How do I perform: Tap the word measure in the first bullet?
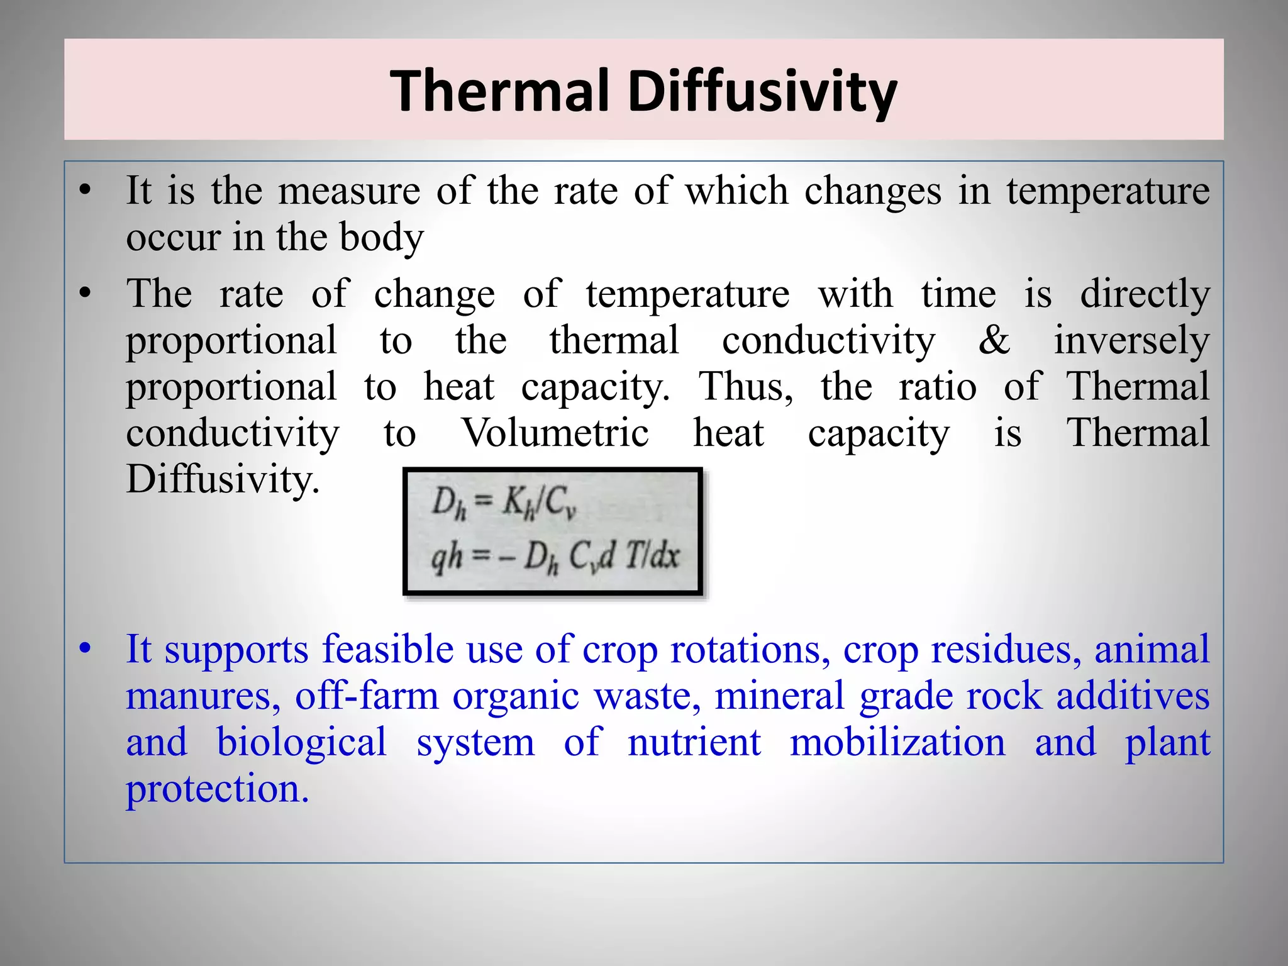pyautogui.click(x=349, y=191)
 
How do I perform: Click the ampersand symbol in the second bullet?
pyautogui.click(x=994, y=340)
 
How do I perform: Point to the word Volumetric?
pyautogui.click(x=555, y=433)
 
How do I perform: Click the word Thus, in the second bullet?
pyautogui.click(x=746, y=387)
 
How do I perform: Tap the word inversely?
pyautogui.click(x=1131, y=341)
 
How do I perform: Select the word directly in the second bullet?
pyautogui.click(x=1145, y=294)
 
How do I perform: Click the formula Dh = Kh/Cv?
pyautogui.click(x=504, y=504)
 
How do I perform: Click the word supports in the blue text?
pyautogui.click(x=236, y=650)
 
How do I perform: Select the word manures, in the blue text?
pyautogui.click(x=203, y=696)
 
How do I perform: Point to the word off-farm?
pyautogui.click(x=367, y=696)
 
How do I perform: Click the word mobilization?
pyautogui.click(x=897, y=743)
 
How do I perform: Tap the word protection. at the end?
pyautogui.click(x=218, y=789)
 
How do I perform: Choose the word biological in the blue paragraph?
pyautogui.click(x=301, y=743)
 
